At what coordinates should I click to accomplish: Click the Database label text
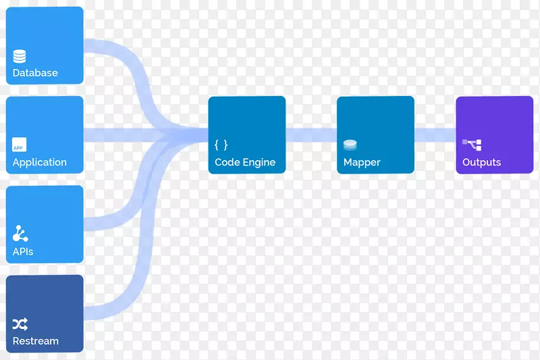point(35,73)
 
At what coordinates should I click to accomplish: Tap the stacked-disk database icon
point(20,57)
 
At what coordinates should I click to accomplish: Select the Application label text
point(40,162)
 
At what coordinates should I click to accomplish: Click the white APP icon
point(20,145)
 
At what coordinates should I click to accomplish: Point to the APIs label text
point(23,252)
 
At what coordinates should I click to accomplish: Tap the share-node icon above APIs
point(20,234)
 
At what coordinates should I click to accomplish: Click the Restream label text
point(36,341)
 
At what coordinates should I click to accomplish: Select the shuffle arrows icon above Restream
point(20,324)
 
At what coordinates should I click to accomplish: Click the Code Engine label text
point(245,162)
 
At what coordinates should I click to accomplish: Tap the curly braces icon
point(221,145)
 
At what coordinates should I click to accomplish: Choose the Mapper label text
point(362,162)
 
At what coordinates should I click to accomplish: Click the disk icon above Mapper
point(350,145)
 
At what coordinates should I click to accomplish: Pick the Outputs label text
point(481,162)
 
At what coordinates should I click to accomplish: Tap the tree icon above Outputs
point(472,144)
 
